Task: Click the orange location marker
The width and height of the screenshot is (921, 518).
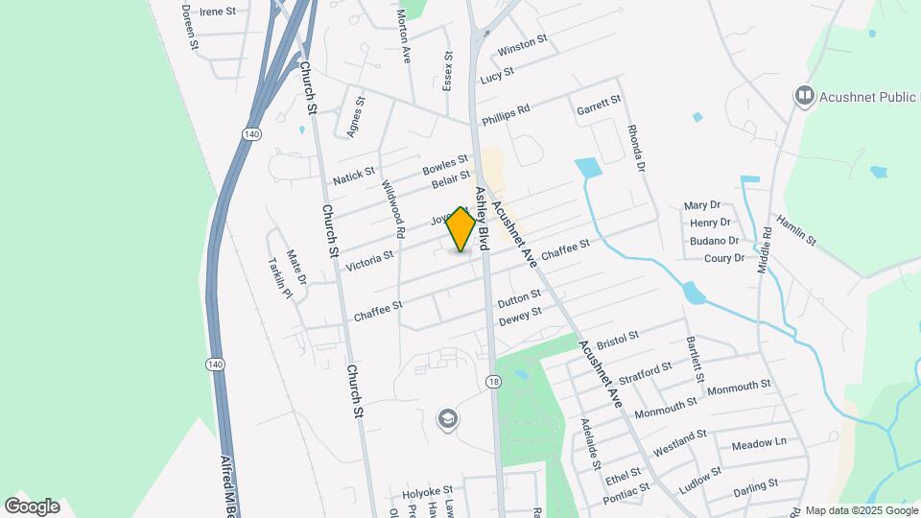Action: [461, 229]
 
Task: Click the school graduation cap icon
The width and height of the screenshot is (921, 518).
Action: [446, 418]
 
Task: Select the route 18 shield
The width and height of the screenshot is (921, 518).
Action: [493, 381]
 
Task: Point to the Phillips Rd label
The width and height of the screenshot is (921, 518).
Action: [506, 113]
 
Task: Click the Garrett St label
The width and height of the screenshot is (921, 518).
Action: [599, 106]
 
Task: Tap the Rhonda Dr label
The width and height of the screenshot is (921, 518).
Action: [634, 147]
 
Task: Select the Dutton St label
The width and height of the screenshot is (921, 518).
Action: [520, 301]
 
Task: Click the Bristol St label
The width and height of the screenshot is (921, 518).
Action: [617, 340]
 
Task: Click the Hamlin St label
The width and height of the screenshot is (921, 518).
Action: [796, 229]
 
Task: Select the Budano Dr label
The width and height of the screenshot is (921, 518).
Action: [715, 242]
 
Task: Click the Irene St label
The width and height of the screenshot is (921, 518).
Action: [218, 12]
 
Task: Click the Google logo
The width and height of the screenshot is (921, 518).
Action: [32, 506]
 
